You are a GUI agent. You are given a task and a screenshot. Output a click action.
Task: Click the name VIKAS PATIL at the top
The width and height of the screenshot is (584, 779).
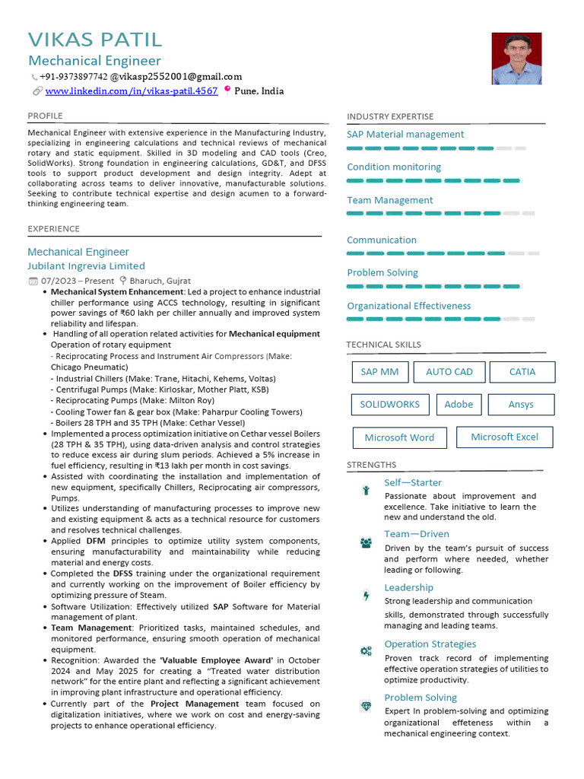pyautogui.click(x=95, y=40)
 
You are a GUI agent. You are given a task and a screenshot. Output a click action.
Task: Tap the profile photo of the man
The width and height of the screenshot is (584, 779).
pyautogui.click(x=516, y=59)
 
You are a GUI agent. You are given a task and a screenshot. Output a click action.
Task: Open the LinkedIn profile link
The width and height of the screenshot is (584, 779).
pyautogui.click(x=132, y=91)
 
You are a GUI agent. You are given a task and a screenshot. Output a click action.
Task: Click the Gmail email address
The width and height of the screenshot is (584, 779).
pyautogui.click(x=176, y=77)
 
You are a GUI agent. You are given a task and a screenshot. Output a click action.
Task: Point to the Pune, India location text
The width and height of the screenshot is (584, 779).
pyautogui.click(x=259, y=91)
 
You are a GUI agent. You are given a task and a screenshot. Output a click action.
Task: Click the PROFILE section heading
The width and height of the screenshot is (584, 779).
pyautogui.click(x=45, y=116)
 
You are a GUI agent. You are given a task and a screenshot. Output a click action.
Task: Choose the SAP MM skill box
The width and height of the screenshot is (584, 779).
pyautogui.click(x=379, y=372)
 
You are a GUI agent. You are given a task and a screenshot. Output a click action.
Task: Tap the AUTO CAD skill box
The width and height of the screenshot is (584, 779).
pyautogui.click(x=449, y=372)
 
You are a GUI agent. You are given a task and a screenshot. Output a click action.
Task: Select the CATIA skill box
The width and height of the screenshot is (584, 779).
pyautogui.click(x=522, y=372)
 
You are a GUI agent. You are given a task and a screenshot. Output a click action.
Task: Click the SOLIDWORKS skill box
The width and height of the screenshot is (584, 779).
pyautogui.click(x=389, y=405)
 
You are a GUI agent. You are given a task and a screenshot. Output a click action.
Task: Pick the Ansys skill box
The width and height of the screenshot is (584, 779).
pyautogui.click(x=521, y=405)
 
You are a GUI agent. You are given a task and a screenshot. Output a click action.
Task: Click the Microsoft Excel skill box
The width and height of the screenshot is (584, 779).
pyautogui.click(x=504, y=437)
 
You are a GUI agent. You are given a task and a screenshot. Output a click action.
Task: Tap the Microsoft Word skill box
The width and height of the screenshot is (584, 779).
pyautogui.click(x=399, y=438)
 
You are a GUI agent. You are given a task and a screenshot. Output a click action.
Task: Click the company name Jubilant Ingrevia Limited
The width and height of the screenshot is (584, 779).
pyautogui.click(x=86, y=266)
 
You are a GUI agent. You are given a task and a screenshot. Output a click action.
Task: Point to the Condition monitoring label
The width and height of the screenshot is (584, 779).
pyautogui.click(x=394, y=167)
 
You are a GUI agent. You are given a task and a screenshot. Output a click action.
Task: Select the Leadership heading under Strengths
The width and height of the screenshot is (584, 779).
pyautogui.click(x=408, y=587)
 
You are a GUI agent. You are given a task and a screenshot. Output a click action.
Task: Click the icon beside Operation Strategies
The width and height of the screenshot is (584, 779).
pyautogui.click(x=366, y=650)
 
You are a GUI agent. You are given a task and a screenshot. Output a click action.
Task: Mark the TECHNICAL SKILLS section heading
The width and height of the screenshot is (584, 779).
pyautogui.click(x=383, y=345)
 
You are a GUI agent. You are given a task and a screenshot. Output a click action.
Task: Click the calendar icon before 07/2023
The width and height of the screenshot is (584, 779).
pyautogui.click(x=33, y=281)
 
